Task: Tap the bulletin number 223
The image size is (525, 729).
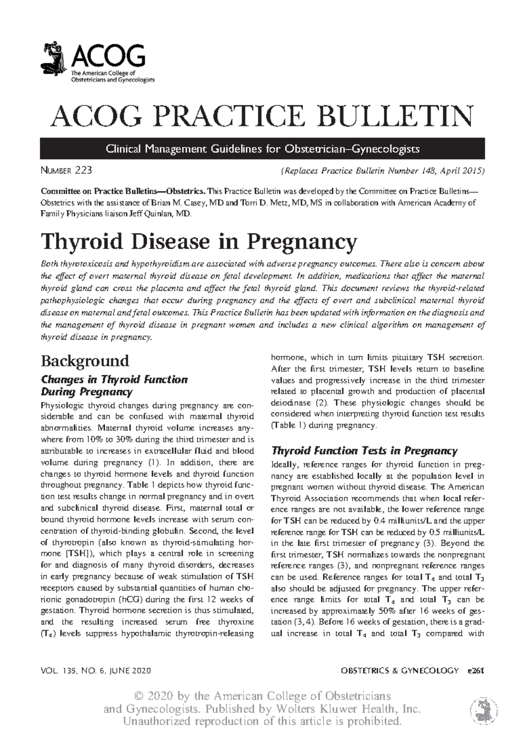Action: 83,170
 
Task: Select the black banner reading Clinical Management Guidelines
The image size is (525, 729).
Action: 262,149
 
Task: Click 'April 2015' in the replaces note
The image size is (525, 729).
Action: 461,171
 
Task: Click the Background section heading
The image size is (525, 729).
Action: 85,361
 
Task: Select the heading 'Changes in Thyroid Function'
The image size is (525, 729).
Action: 114,379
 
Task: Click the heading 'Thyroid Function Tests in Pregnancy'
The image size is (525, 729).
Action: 364,451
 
